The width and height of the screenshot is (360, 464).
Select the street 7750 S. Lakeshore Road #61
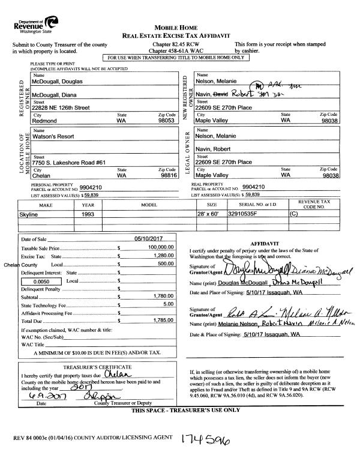pos(69,162)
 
